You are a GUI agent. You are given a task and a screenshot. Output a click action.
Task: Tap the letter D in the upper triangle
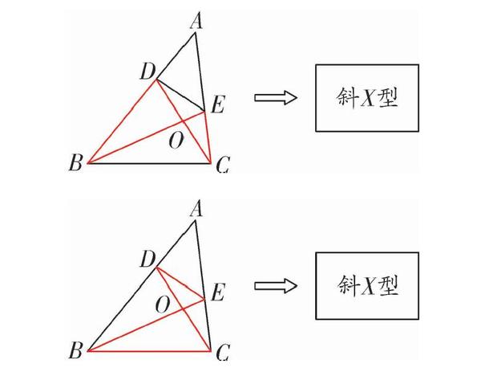point(147,72)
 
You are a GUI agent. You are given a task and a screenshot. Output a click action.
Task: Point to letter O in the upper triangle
point(175,141)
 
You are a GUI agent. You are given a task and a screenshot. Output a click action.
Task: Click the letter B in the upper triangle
point(75,165)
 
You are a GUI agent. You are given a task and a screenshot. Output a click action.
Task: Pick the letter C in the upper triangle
point(223,166)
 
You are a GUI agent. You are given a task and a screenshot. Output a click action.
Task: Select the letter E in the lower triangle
point(216,294)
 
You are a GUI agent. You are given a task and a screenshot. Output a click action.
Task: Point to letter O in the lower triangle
point(163,305)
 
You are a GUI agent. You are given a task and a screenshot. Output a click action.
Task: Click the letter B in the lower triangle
point(76,352)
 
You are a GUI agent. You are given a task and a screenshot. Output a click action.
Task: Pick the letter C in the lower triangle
point(223,352)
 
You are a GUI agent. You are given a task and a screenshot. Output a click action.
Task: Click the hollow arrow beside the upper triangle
point(276,98)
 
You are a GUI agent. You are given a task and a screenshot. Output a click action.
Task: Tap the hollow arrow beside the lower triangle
point(276,286)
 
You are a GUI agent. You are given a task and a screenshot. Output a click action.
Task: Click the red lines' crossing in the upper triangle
point(184,121)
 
